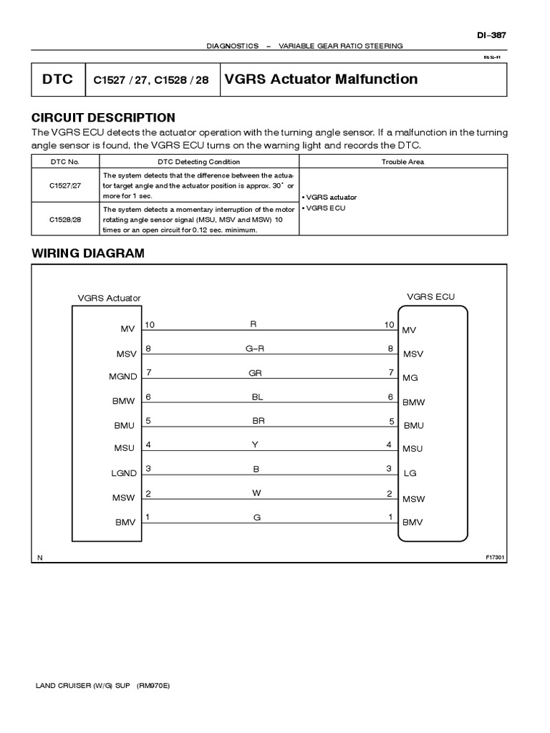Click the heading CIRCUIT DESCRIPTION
click(103, 117)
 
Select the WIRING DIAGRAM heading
click(87, 253)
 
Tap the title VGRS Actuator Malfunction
click(321, 79)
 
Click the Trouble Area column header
click(402, 162)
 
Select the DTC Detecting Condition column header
click(199, 162)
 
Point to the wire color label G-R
click(255, 349)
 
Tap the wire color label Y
click(254, 445)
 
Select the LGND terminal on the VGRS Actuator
click(123, 473)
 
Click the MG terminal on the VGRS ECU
click(409, 377)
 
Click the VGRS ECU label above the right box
click(430, 296)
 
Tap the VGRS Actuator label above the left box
click(109, 298)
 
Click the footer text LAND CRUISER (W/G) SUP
click(85, 685)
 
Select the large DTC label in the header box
click(57, 79)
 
